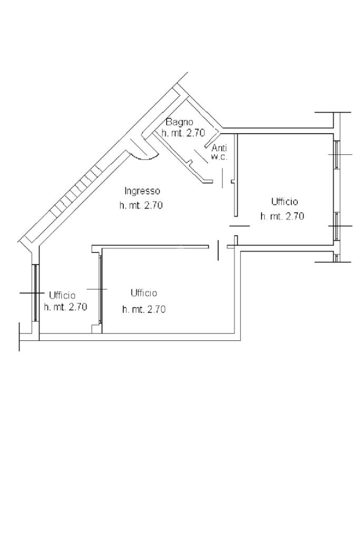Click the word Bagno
click(x=180, y=122)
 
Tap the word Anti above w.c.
click(x=219, y=149)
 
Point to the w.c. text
click(x=219, y=158)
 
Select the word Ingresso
click(x=142, y=191)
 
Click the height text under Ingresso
click(x=141, y=205)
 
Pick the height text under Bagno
click(x=183, y=133)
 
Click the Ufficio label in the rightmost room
click(x=285, y=201)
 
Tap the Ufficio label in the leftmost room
click(x=62, y=295)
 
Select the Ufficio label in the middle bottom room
click(x=144, y=293)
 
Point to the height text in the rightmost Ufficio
click(x=282, y=217)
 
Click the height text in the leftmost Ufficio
click(x=65, y=307)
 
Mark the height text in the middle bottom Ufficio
click(x=144, y=309)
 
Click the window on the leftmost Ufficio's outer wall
click(x=35, y=293)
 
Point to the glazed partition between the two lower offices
click(x=100, y=289)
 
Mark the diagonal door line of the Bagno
click(x=201, y=156)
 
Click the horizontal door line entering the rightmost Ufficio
click(x=239, y=226)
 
